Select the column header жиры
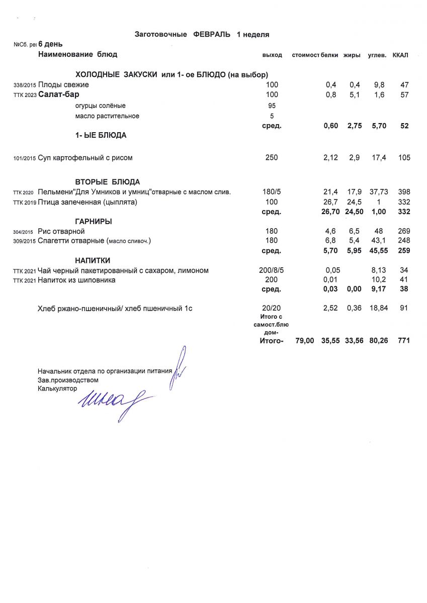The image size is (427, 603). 352,55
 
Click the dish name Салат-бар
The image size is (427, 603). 59,94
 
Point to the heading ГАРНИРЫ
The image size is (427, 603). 94,222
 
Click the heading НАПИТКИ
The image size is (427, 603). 93,260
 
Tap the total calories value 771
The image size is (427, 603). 403,341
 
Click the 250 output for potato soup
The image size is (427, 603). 272,158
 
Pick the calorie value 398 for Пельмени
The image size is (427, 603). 403,192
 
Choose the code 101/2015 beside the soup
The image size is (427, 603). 25,159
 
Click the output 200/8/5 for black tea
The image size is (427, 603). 272,270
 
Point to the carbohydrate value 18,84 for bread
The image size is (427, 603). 378,308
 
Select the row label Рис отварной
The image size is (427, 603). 61,231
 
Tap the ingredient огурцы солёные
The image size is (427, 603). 100,106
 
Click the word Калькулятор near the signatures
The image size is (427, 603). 57,388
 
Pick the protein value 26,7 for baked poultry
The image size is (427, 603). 330,202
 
